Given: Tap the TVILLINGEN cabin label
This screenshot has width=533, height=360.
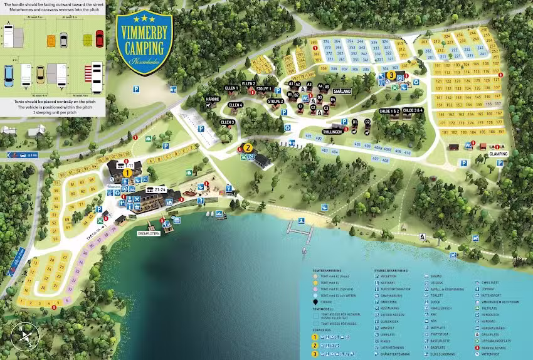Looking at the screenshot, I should [332, 132].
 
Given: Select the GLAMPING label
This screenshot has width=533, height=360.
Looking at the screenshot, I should [498, 154].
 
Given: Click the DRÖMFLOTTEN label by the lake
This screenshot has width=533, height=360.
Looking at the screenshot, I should [149, 233].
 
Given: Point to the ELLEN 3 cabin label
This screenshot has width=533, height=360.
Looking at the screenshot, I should [227, 122].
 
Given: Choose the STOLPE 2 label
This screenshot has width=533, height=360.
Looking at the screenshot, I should [275, 101].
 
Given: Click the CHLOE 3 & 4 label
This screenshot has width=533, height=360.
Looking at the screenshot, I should [413, 110].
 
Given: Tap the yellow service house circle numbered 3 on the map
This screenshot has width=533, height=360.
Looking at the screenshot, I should [391, 75].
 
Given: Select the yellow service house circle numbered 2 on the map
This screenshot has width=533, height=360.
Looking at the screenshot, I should [248, 148].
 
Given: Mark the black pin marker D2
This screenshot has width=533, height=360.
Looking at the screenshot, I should [367, 122].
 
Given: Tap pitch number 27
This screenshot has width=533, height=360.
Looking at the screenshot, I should [65, 258].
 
